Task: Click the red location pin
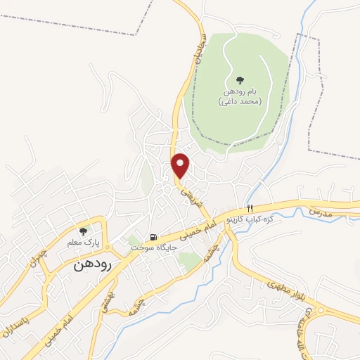[181, 165]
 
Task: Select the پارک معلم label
[84, 243]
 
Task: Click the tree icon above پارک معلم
[84, 231]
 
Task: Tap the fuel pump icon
[152, 237]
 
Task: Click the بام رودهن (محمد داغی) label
[238, 97]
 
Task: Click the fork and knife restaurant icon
[250, 209]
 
